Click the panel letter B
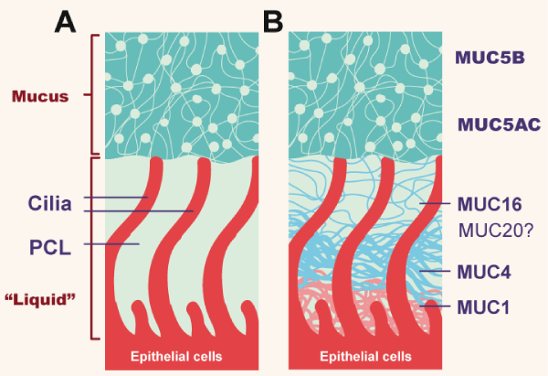(x=272, y=20)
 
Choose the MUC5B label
(x=489, y=57)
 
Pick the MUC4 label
(x=485, y=272)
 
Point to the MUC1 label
(x=485, y=306)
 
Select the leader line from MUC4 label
(x=435, y=272)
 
